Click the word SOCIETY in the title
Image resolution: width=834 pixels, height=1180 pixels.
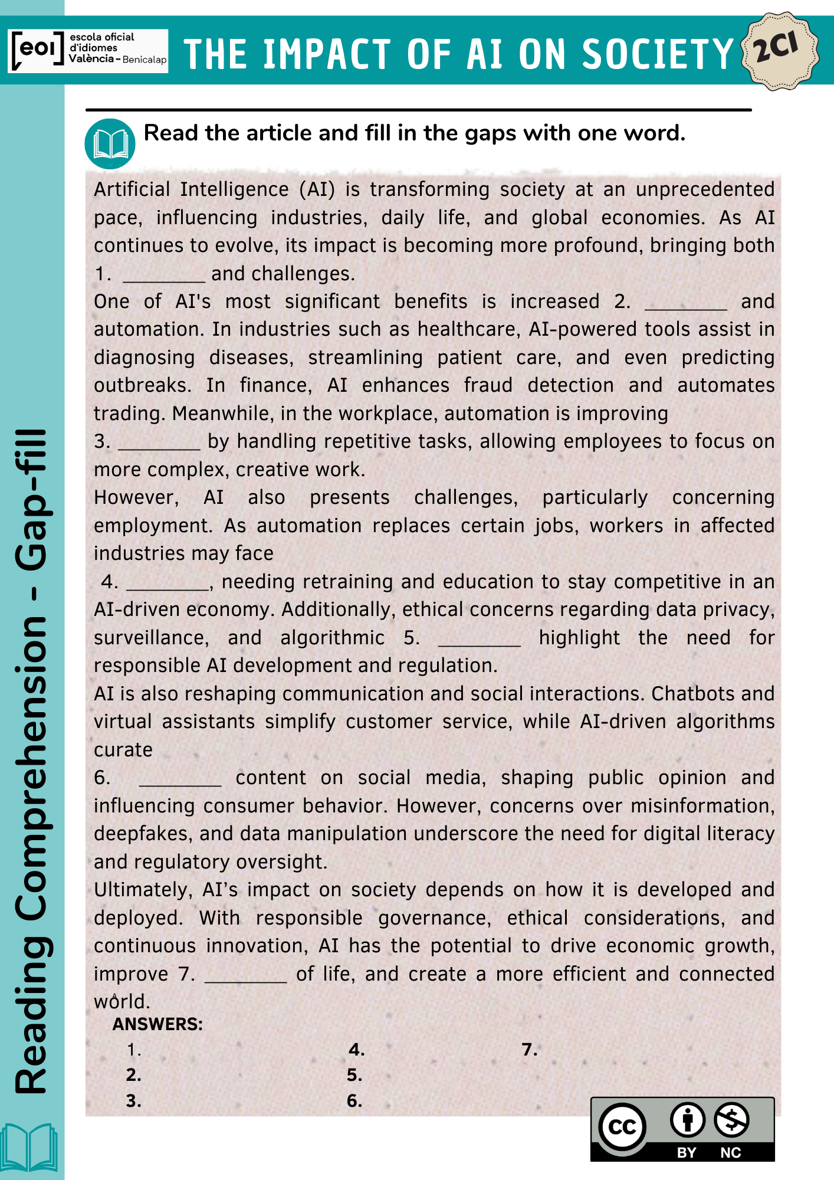tap(658, 54)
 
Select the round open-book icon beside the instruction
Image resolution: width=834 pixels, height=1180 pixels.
tap(110, 144)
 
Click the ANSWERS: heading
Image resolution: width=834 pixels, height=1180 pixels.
tap(157, 1024)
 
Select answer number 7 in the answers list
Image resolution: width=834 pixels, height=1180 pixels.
tap(530, 1050)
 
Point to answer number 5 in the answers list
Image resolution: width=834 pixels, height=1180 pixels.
tap(354, 1075)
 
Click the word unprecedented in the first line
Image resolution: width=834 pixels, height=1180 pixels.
tap(705, 189)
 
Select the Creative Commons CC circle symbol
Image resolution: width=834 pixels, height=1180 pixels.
tap(622, 1127)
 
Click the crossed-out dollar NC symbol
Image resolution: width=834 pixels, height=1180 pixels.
tap(731, 1120)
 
